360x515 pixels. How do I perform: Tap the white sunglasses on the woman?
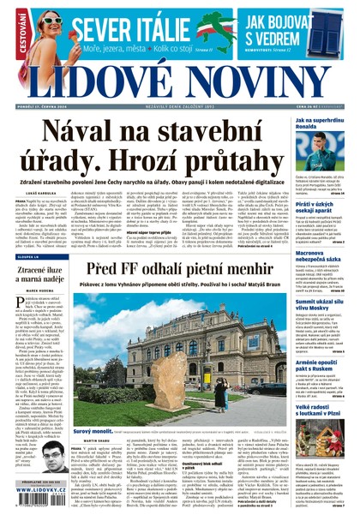53,19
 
